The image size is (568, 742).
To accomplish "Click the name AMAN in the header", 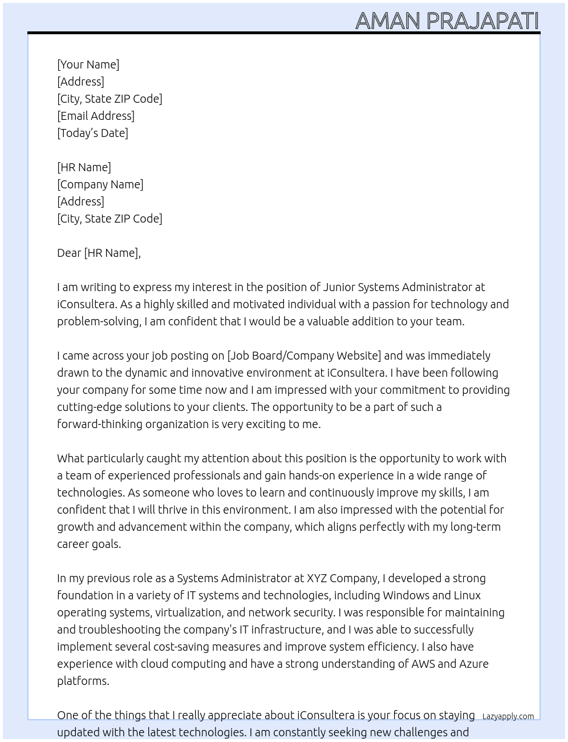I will pos(388,21).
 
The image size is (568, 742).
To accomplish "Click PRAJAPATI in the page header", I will pos(482,21).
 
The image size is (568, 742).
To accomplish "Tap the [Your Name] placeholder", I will pos(88,64).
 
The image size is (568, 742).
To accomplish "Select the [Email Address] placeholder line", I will pos(96,116).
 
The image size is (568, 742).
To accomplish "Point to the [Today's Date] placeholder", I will pos(92,133).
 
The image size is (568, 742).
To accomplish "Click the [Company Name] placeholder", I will pos(100,184).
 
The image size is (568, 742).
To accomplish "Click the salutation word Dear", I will pos(69,253).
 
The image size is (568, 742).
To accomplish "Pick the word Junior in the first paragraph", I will pos(340,287).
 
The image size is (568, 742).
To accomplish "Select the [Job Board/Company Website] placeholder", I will pos(304,356).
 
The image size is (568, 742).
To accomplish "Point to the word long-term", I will pos(475,527).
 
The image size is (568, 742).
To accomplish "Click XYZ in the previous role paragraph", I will pos(317,578).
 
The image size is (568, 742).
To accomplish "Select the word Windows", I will pos(405,595).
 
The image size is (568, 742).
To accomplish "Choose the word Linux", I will pos(467,595).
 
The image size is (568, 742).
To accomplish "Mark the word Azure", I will pos(474,664).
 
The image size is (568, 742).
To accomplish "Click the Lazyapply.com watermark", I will pos(508,716).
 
